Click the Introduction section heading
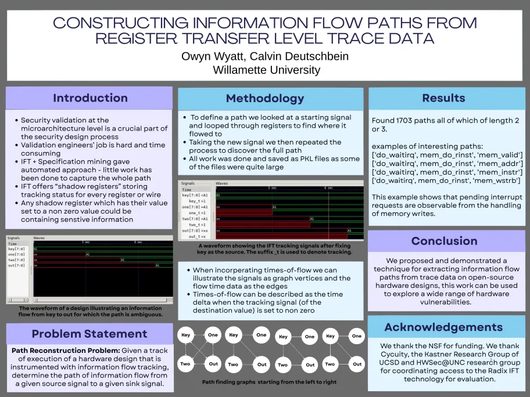(90, 98)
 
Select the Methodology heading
(264, 98)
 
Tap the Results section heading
(443, 98)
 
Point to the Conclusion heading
(444, 241)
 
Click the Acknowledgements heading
(443, 327)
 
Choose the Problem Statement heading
(89, 334)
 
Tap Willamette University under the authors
(266, 70)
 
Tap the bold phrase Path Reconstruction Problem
(62, 351)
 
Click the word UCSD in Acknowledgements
(393, 362)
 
